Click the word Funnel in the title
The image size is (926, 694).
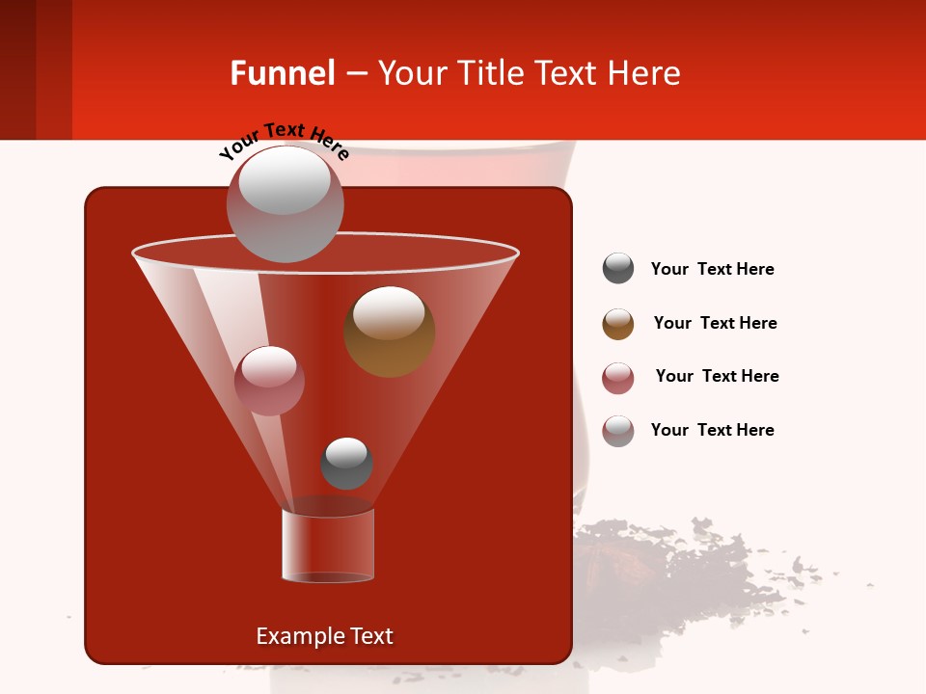(282, 73)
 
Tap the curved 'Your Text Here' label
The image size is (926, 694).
(284, 141)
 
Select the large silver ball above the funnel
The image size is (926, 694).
(285, 203)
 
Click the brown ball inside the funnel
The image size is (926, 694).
(389, 332)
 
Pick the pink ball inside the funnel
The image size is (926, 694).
(269, 381)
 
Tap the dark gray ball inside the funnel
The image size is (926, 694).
(346, 463)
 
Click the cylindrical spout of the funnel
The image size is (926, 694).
(327, 546)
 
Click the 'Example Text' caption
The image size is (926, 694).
(324, 636)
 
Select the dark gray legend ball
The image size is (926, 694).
(618, 269)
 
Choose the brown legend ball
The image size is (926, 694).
(618, 324)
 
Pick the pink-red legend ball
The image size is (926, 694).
(618, 378)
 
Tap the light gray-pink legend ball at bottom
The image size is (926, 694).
(618, 431)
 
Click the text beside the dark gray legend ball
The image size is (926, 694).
(712, 269)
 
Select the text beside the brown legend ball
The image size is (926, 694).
(715, 323)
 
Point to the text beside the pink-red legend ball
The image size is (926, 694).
(717, 376)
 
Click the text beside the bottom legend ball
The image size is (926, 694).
(712, 430)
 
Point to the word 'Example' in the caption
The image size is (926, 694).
(294, 636)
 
